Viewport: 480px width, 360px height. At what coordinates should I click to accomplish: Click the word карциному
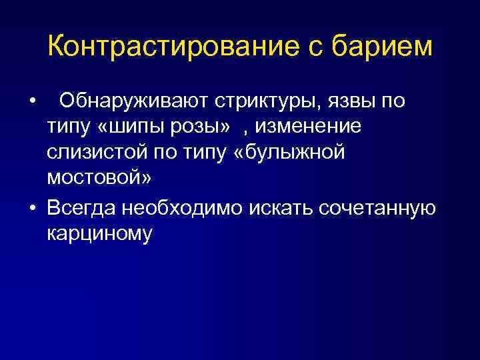pos(100,234)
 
